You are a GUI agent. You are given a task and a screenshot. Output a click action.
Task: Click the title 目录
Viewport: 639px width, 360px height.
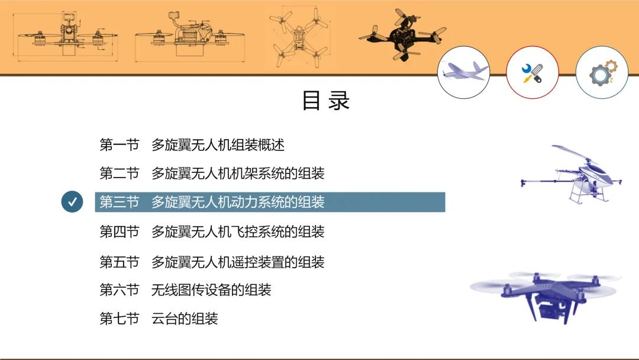[x=326, y=101]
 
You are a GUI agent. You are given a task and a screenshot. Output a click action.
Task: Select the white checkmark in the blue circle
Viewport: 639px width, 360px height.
[x=72, y=202]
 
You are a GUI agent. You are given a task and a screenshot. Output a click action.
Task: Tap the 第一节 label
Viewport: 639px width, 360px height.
[x=120, y=144]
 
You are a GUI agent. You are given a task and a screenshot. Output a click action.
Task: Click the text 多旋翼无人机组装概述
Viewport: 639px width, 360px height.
[x=218, y=144]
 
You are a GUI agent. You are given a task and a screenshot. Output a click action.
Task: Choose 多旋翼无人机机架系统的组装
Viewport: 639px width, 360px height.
[x=238, y=173]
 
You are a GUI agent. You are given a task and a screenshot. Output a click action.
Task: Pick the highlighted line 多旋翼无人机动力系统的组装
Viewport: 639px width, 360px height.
[x=238, y=202]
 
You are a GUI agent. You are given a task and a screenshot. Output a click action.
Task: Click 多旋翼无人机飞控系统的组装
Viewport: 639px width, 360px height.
[x=238, y=232]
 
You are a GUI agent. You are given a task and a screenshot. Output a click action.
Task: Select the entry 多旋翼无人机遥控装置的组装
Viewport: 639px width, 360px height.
[x=238, y=262]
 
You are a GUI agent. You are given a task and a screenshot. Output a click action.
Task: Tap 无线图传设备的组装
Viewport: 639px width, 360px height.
[x=211, y=290]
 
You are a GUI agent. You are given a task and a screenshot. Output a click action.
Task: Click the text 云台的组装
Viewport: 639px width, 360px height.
[x=185, y=319]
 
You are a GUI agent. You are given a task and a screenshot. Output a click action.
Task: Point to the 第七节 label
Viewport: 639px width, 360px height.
[x=120, y=319]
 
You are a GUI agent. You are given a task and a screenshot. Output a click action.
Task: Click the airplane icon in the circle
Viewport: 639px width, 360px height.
[x=464, y=72]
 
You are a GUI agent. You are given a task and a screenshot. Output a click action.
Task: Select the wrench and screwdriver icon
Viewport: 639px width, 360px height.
[x=532, y=73]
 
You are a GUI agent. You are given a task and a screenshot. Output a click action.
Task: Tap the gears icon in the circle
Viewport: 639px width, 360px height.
[x=602, y=73]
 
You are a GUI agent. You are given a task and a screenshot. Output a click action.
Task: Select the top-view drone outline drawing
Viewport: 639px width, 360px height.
[x=299, y=37]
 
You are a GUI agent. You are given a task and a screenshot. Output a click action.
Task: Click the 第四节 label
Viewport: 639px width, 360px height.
[x=120, y=232]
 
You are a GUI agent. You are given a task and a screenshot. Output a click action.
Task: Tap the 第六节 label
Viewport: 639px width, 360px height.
[x=120, y=290]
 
